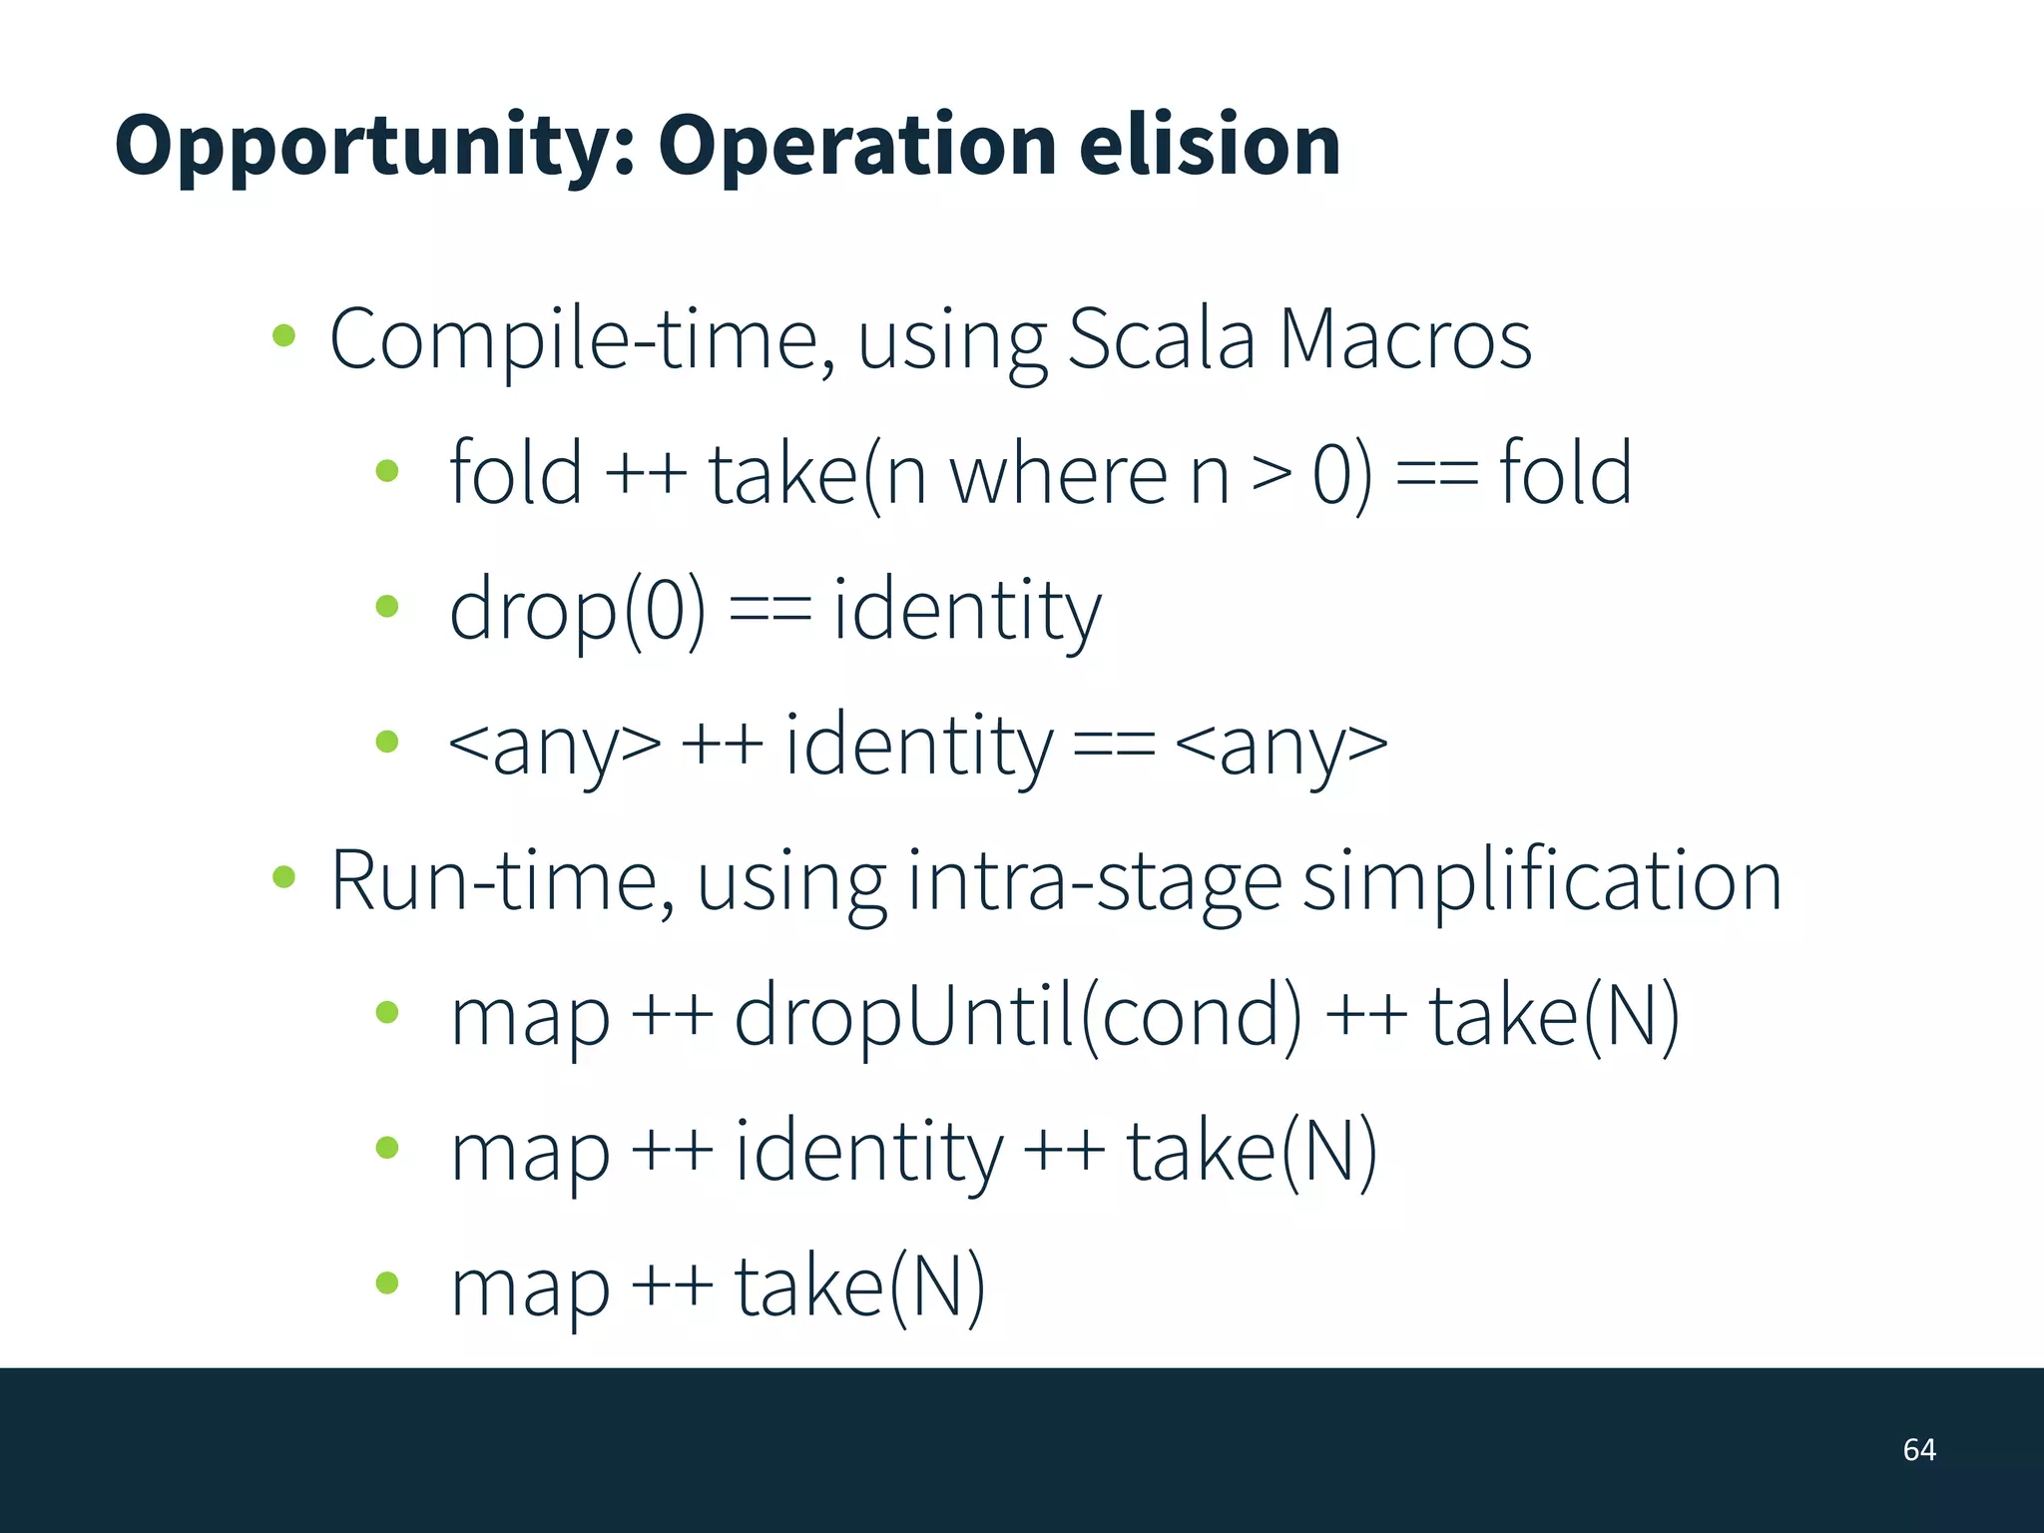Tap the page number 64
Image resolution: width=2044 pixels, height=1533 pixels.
(1918, 1449)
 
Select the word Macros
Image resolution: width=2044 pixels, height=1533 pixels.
(1404, 339)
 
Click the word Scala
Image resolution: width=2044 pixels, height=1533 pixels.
(1161, 339)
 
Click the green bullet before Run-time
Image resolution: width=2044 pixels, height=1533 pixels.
(284, 877)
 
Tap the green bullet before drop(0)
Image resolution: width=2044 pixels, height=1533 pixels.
(387, 606)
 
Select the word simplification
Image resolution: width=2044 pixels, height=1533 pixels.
(1542, 881)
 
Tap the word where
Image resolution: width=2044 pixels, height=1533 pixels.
(1058, 474)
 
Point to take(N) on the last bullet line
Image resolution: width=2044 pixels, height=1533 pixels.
(859, 1287)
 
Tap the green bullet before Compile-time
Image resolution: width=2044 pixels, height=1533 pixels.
(284, 336)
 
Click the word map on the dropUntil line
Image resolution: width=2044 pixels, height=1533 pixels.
(530, 1019)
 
